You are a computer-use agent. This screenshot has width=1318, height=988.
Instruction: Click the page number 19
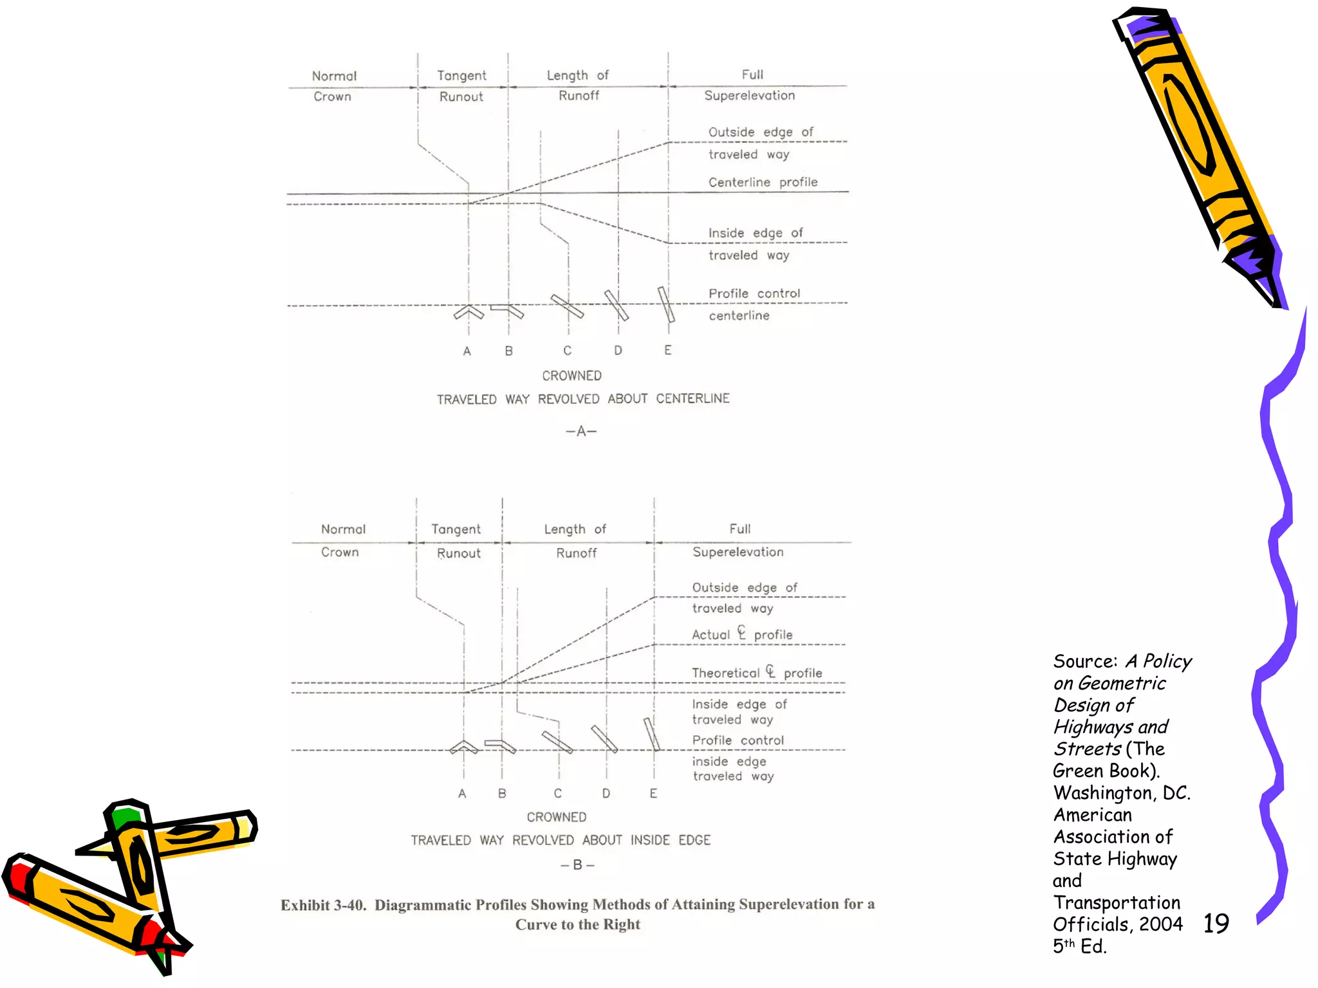click(1216, 923)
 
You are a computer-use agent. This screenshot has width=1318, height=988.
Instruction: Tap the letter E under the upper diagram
click(668, 350)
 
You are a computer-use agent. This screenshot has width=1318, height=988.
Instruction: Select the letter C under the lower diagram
click(558, 793)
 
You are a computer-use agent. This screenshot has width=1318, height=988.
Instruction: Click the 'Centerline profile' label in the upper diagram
click(763, 182)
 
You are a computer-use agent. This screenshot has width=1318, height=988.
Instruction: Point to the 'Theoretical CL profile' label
click(757, 673)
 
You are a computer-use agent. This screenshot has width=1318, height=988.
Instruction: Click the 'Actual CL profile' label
click(742, 634)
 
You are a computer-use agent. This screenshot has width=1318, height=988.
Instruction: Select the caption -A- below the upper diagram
click(581, 431)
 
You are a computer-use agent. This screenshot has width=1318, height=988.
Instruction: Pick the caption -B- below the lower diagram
click(577, 865)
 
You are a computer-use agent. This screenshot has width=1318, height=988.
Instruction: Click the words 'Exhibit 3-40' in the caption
click(323, 905)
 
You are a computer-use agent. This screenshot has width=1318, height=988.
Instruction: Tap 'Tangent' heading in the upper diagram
click(461, 75)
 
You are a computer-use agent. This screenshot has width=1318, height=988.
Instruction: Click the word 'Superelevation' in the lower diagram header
click(738, 552)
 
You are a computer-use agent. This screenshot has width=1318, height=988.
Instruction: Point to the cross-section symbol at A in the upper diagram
click(469, 313)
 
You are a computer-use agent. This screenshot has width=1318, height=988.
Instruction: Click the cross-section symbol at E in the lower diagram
click(652, 735)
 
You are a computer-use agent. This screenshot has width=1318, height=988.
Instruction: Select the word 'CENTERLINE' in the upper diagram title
click(692, 399)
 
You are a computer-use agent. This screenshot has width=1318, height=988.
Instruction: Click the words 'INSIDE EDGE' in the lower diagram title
click(670, 840)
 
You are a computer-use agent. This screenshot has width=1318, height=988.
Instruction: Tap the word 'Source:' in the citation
click(1085, 661)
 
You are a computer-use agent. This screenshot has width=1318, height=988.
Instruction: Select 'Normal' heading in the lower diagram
click(343, 529)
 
